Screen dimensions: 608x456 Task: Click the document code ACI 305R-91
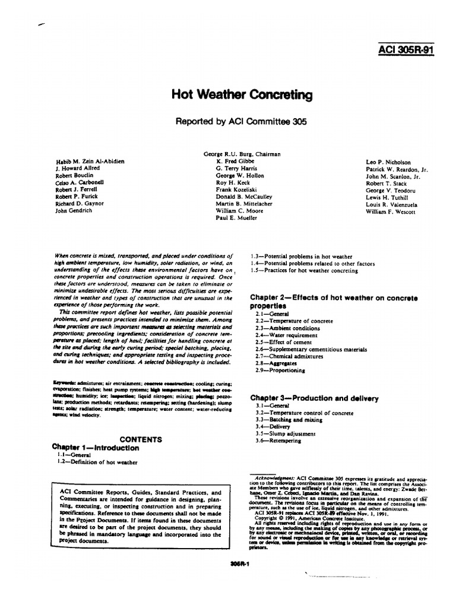406,49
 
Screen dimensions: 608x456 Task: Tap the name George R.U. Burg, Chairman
242,154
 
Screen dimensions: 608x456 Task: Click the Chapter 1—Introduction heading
96,448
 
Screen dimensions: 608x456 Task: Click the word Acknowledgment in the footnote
274,477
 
